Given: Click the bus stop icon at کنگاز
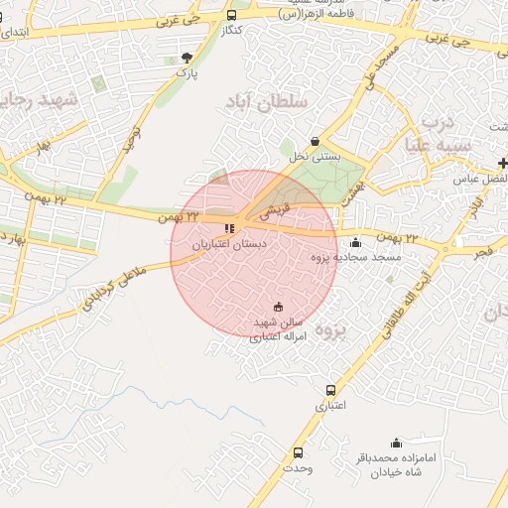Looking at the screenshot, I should tap(231, 16).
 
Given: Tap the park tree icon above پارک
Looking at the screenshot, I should tap(187, 58).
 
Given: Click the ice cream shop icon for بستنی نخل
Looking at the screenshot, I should tap(316, 141).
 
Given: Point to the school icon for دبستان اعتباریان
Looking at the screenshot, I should tap(230, 228).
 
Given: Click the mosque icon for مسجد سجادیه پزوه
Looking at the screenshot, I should tap(356, 242).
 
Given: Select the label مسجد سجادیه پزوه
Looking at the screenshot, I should tap(356, 258).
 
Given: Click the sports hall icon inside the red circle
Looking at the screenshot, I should tap(277, 307).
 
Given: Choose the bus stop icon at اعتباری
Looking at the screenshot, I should tap(330, 390).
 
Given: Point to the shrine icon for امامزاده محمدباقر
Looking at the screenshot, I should tap(397, 443).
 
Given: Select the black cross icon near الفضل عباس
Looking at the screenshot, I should tap(503, 163).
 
